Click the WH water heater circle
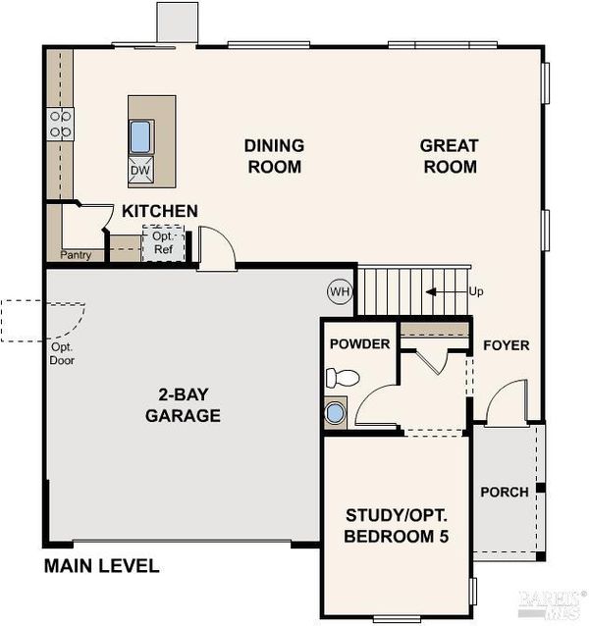point(340,291)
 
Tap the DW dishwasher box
point(140,170)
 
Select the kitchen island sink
point(140,136)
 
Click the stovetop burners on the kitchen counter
point(60,125)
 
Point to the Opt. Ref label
point(163,242)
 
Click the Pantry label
point(76,255)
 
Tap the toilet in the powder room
point(343,378)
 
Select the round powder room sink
point(335,413)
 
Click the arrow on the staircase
point(447,292)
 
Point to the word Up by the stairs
point(476,291)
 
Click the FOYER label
point(507,345)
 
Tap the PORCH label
point(505,493)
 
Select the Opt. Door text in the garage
point(62,354)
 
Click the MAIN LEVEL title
point(102,566)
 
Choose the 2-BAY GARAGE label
point(184,405)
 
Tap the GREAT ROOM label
point(450,156)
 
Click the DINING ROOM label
point(274,156)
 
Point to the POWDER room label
point(360,344)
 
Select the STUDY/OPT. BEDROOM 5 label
point(397,526)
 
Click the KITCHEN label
point(160,211)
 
